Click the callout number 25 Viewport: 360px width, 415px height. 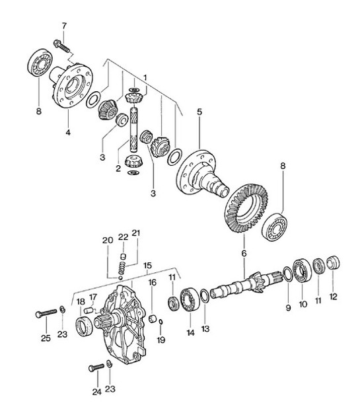[45, 339]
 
